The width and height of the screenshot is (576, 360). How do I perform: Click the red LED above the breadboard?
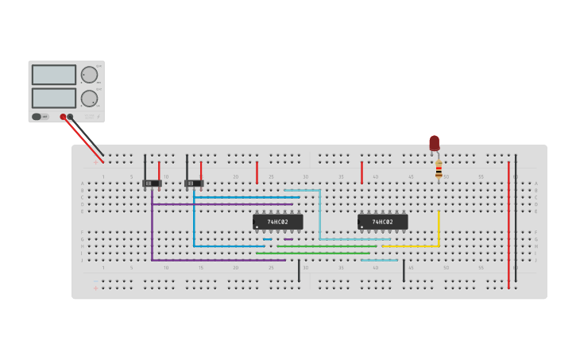point(435,143)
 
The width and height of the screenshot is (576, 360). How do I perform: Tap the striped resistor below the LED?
point(439,169)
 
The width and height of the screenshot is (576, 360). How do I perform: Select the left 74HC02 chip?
point(277,222)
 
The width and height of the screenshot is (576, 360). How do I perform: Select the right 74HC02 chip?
point(382,222)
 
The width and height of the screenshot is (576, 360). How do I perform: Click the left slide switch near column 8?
point(152,184)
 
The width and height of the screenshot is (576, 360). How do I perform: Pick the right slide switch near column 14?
point(194,184)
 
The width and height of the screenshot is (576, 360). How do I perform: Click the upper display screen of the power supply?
point(54,75)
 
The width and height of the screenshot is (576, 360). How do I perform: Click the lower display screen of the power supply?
point(54,98)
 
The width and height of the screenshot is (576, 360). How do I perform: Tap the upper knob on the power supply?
point(89,75)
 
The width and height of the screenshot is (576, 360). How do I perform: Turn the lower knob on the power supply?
point(89,99)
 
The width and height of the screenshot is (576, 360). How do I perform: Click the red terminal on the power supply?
point(63,117)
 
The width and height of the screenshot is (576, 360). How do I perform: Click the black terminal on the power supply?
point(71,117)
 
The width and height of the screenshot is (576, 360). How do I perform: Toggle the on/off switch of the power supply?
point(37,117)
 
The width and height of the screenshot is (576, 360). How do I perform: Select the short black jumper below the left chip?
point(299,270)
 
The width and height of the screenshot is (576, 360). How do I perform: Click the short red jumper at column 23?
point(257,172)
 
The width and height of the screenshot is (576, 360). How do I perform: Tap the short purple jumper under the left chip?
point(288,239)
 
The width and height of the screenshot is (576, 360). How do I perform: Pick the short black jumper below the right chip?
point(404,270)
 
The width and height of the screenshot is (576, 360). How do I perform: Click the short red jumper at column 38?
point(361,172)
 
